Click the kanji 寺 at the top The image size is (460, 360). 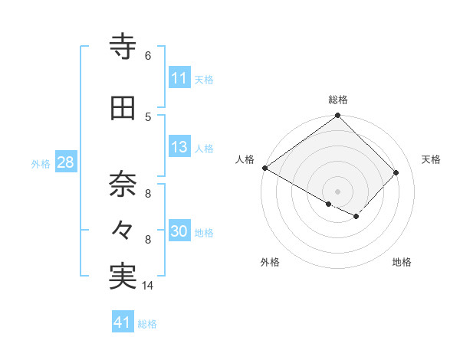pyautogui.click(x=123, y=47)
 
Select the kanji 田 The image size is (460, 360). pyautogui.click(x=123, y=109)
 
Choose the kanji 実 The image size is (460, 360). pyautogui.click(x=123, y=277)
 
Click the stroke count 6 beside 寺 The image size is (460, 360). pyautogui.click(x=147, y=56)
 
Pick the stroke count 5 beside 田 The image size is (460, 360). pyautogui.click(x=147, y=116)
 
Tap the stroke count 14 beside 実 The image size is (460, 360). pyautogui.click(x=148, y=286)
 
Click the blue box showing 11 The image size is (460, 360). pyautogui.click(x=179, y=79)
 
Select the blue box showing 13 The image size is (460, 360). pyautogui.click(x=179, y=148)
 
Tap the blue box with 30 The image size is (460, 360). pyautogui.click(x=179, y=232)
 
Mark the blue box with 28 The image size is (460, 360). pyautogui.click(x=64, y=162)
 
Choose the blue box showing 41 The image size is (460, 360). pyautogui.click(x=123, y=322)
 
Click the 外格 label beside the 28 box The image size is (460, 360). pyautogui.click(x=41, y=163)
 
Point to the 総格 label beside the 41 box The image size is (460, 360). pyautogui.click(x=147, y=324)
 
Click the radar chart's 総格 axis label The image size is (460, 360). pyautogui.click(x=338, y=100)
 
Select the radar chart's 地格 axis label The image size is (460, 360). pyautogui.click(x=402, y=262)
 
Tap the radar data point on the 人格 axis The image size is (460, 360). pyautogui.click(x=264, y=168)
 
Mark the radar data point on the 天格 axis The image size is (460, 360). pyautogui.click(x=396, y=172)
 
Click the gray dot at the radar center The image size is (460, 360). pyautogui.click(x=338, y=191)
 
